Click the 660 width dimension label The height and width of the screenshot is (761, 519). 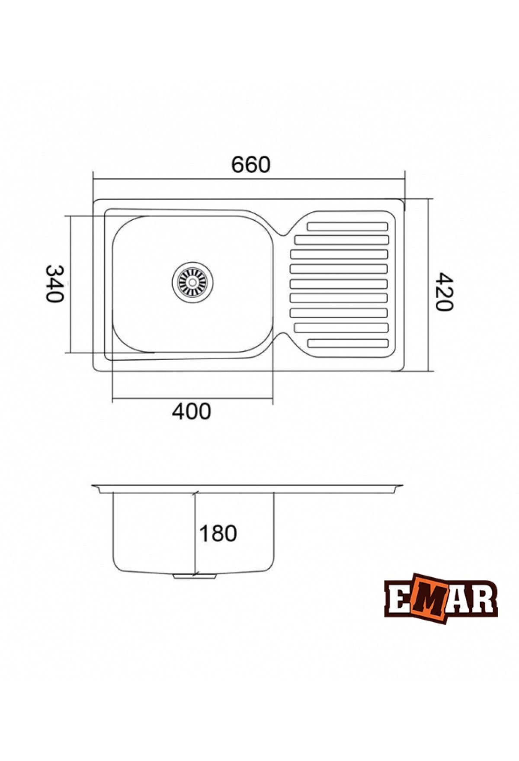click(251, 165)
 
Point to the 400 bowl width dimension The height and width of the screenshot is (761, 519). click(192, 411)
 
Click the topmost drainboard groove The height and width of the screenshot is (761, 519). click(347, 226)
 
